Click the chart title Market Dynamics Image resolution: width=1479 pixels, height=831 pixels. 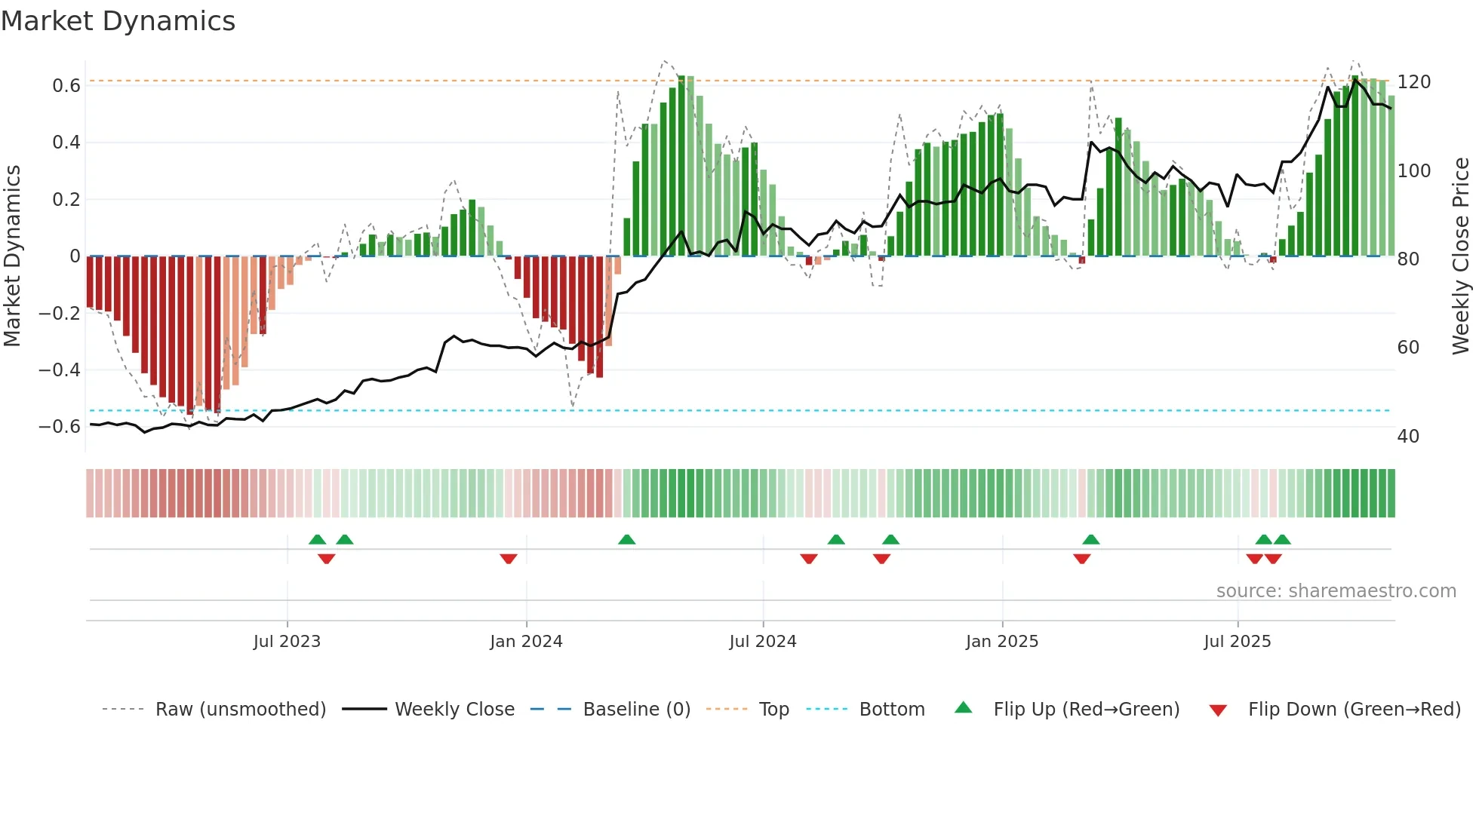coord(118,21)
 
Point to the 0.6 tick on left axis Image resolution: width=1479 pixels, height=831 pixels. coord(66,86)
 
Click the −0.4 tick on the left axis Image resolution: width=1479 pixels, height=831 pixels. coord(60,370)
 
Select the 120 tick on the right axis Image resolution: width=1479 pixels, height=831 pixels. coord(1413,82)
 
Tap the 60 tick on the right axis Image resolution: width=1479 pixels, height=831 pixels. coord(1408,348)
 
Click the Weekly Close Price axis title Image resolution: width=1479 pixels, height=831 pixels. coord(1461,256)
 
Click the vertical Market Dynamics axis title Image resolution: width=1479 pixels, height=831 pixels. coord(13,256)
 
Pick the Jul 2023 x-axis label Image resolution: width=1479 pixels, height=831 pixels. coord(287,642)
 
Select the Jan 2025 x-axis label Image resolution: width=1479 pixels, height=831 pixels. coord(1002,642)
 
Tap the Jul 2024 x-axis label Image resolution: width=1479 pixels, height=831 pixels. coord(763,642)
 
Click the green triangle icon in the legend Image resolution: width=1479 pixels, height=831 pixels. coord(964,708)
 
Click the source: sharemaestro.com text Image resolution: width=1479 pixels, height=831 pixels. coord(1336,591)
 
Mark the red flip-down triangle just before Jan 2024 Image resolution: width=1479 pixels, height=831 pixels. coord(509,559)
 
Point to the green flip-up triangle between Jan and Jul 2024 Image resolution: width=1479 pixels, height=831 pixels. coord(626,539)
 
